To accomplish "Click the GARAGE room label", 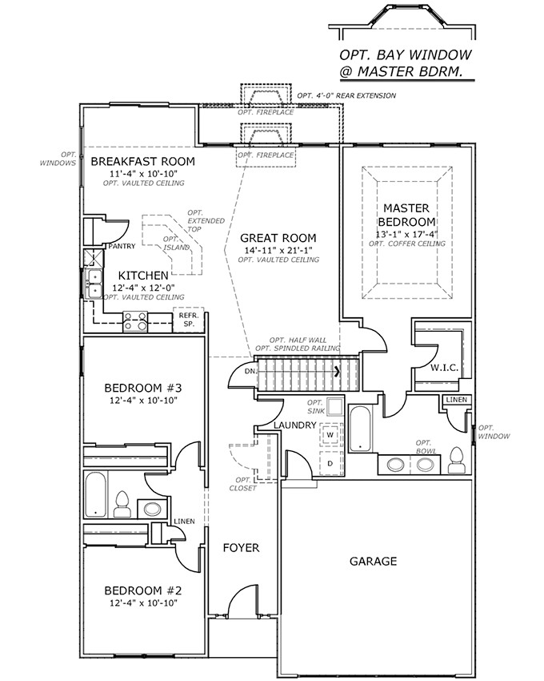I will point(373,562).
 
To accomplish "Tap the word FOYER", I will point(241,548).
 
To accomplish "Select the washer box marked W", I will point(330,434).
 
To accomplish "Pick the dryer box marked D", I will point(330,462).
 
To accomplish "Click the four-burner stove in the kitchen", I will point(135,322).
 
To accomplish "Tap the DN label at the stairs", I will point(250,372).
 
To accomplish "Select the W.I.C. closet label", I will point(444,369).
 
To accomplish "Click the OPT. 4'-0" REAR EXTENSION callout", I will point(346,96).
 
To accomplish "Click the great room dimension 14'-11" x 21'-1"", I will point(278,250).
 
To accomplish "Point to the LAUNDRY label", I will point(294,425).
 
